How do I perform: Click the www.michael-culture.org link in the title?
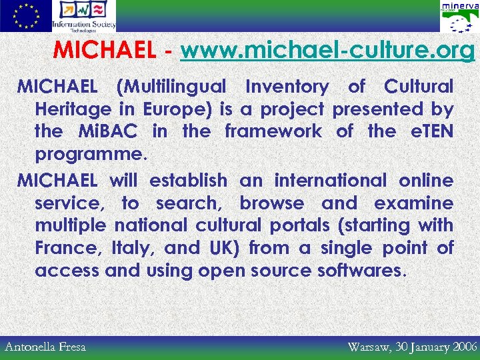(x=327, y=51)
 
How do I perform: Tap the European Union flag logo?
(x=25, y=16)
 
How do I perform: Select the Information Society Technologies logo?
(x=84, y=16)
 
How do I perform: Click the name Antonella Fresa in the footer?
(x=45, y=346)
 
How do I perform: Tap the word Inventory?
(x=287, y=87)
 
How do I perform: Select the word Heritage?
(x=73, y=109)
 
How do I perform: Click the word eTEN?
(x=431, y=131)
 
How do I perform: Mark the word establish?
(x=188, y=181)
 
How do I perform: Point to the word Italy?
(x=136, y=249)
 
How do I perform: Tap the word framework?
(x=273, y=131)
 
